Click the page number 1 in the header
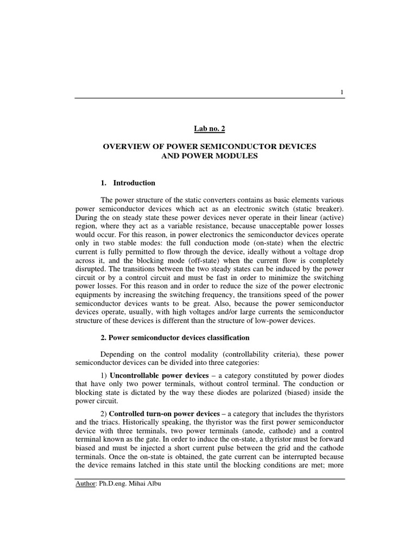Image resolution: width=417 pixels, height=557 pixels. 342,92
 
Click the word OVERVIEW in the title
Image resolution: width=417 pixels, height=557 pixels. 127,147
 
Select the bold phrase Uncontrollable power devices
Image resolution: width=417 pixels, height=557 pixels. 159,376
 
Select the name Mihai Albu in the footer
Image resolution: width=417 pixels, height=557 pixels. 143,484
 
